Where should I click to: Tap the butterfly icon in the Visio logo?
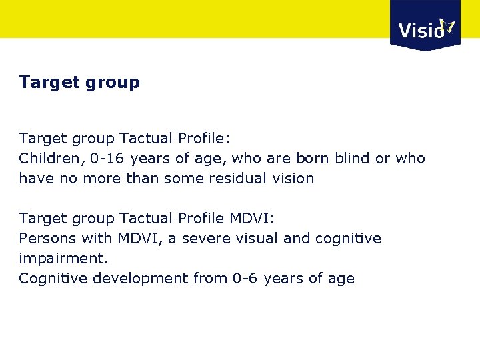447,27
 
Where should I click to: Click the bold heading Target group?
79,83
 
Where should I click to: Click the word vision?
292,179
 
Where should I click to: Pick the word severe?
195,239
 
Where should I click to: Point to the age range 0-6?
243,279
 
